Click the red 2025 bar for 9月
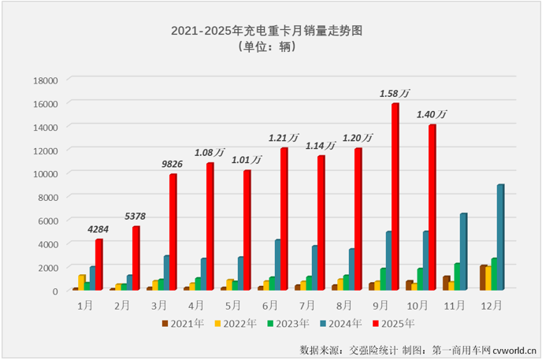tap(395, 197)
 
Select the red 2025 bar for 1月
tap(98, 265)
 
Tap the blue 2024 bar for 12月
tap(500, 237)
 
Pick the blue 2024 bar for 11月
tap(463, 251)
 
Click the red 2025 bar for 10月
tap(431, 207)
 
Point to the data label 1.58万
tap(395, 94)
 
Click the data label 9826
tap(172, 165)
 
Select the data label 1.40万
tap(432, 115)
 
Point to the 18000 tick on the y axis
tap(43, 80)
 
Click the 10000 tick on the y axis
tap(43, 173)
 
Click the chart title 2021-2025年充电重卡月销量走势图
tap(271, 31)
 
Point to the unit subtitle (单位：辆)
tap(271, 47)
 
